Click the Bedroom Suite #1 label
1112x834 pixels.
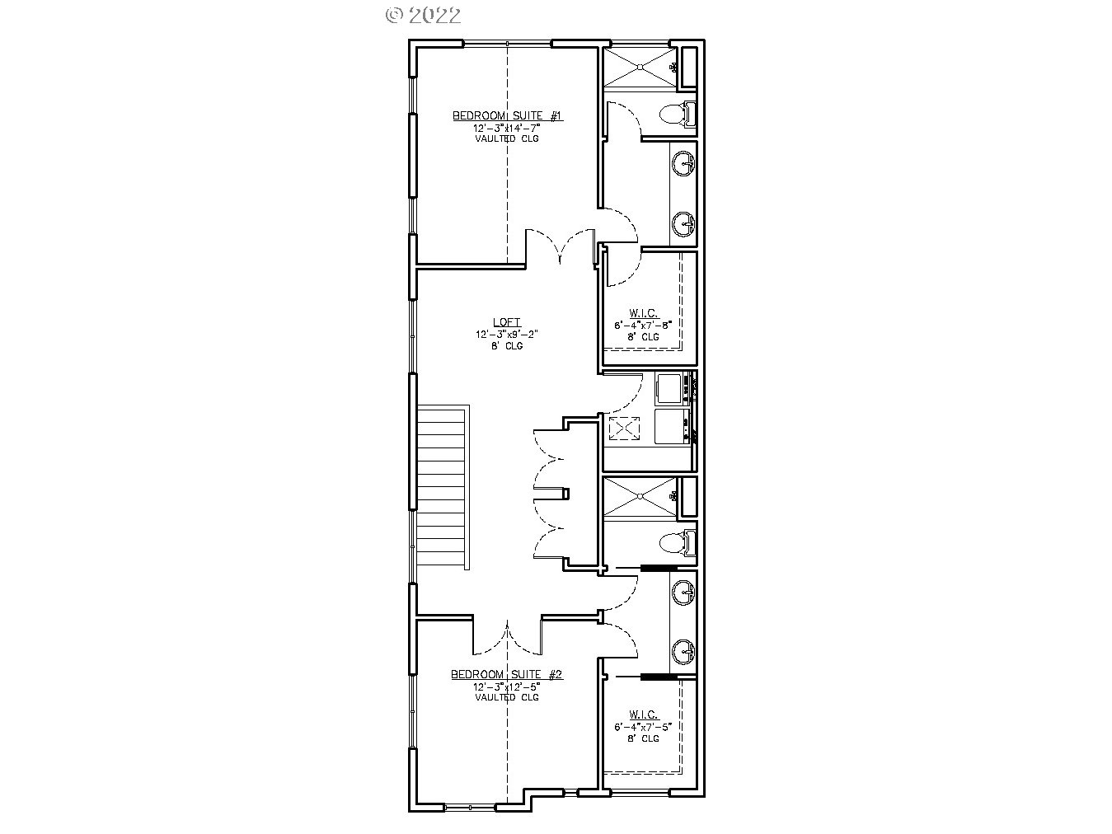[507, 116]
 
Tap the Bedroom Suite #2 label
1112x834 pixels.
[506, 675]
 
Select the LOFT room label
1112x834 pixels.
[506, 323]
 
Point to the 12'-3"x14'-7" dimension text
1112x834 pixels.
[507, 129]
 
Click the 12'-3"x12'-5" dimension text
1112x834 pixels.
[506, 686]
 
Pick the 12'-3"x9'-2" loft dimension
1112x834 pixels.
[506, 335]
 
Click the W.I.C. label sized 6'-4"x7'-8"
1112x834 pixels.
[644, 313]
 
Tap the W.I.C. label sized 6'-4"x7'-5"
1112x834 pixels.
[644, 715]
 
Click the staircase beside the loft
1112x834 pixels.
[443, 486]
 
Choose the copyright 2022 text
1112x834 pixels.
[424, 15]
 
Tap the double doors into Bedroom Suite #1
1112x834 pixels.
[561, 247]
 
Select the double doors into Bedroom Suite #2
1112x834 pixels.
[507, 635]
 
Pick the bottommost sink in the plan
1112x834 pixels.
[683, 651]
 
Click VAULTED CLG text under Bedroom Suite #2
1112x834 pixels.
[506, 697]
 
